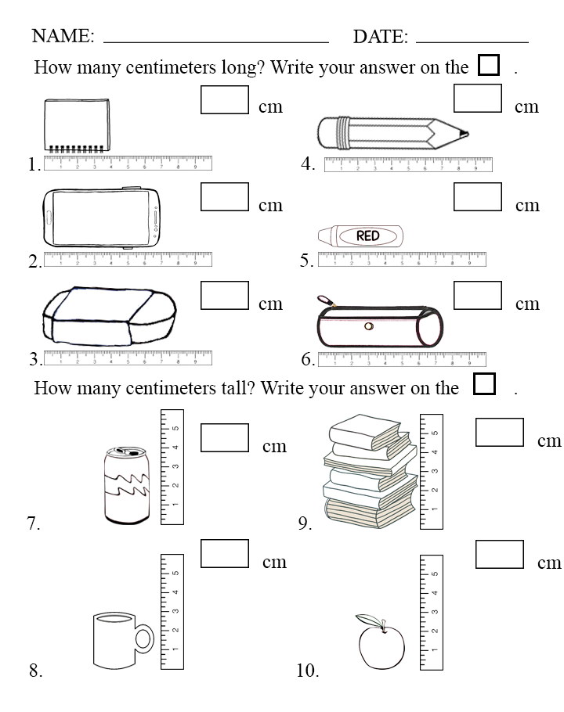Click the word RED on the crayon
pyautogui.click(x=367, y=236)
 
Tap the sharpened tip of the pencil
pyautogui.click(x=465, y=133)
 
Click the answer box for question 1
pyautogui.click(x=225, y=99)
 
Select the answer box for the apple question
pyautogui.click(x=499, y=555)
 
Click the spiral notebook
pyautogui.click(x=76, y=126)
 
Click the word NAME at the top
pyautogui.click(x=63, y=36)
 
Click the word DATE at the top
pyautogui.click(x=380, y=36)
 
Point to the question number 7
pyautogui.click(x=34, y=523)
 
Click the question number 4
pyautogui.click(x=308, y=164)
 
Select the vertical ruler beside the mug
pyautogui.click(x=172, y=611)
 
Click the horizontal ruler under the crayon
pyautogui.click(x=402, y=260)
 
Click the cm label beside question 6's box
pyautogui.click(x=527, y=304)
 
